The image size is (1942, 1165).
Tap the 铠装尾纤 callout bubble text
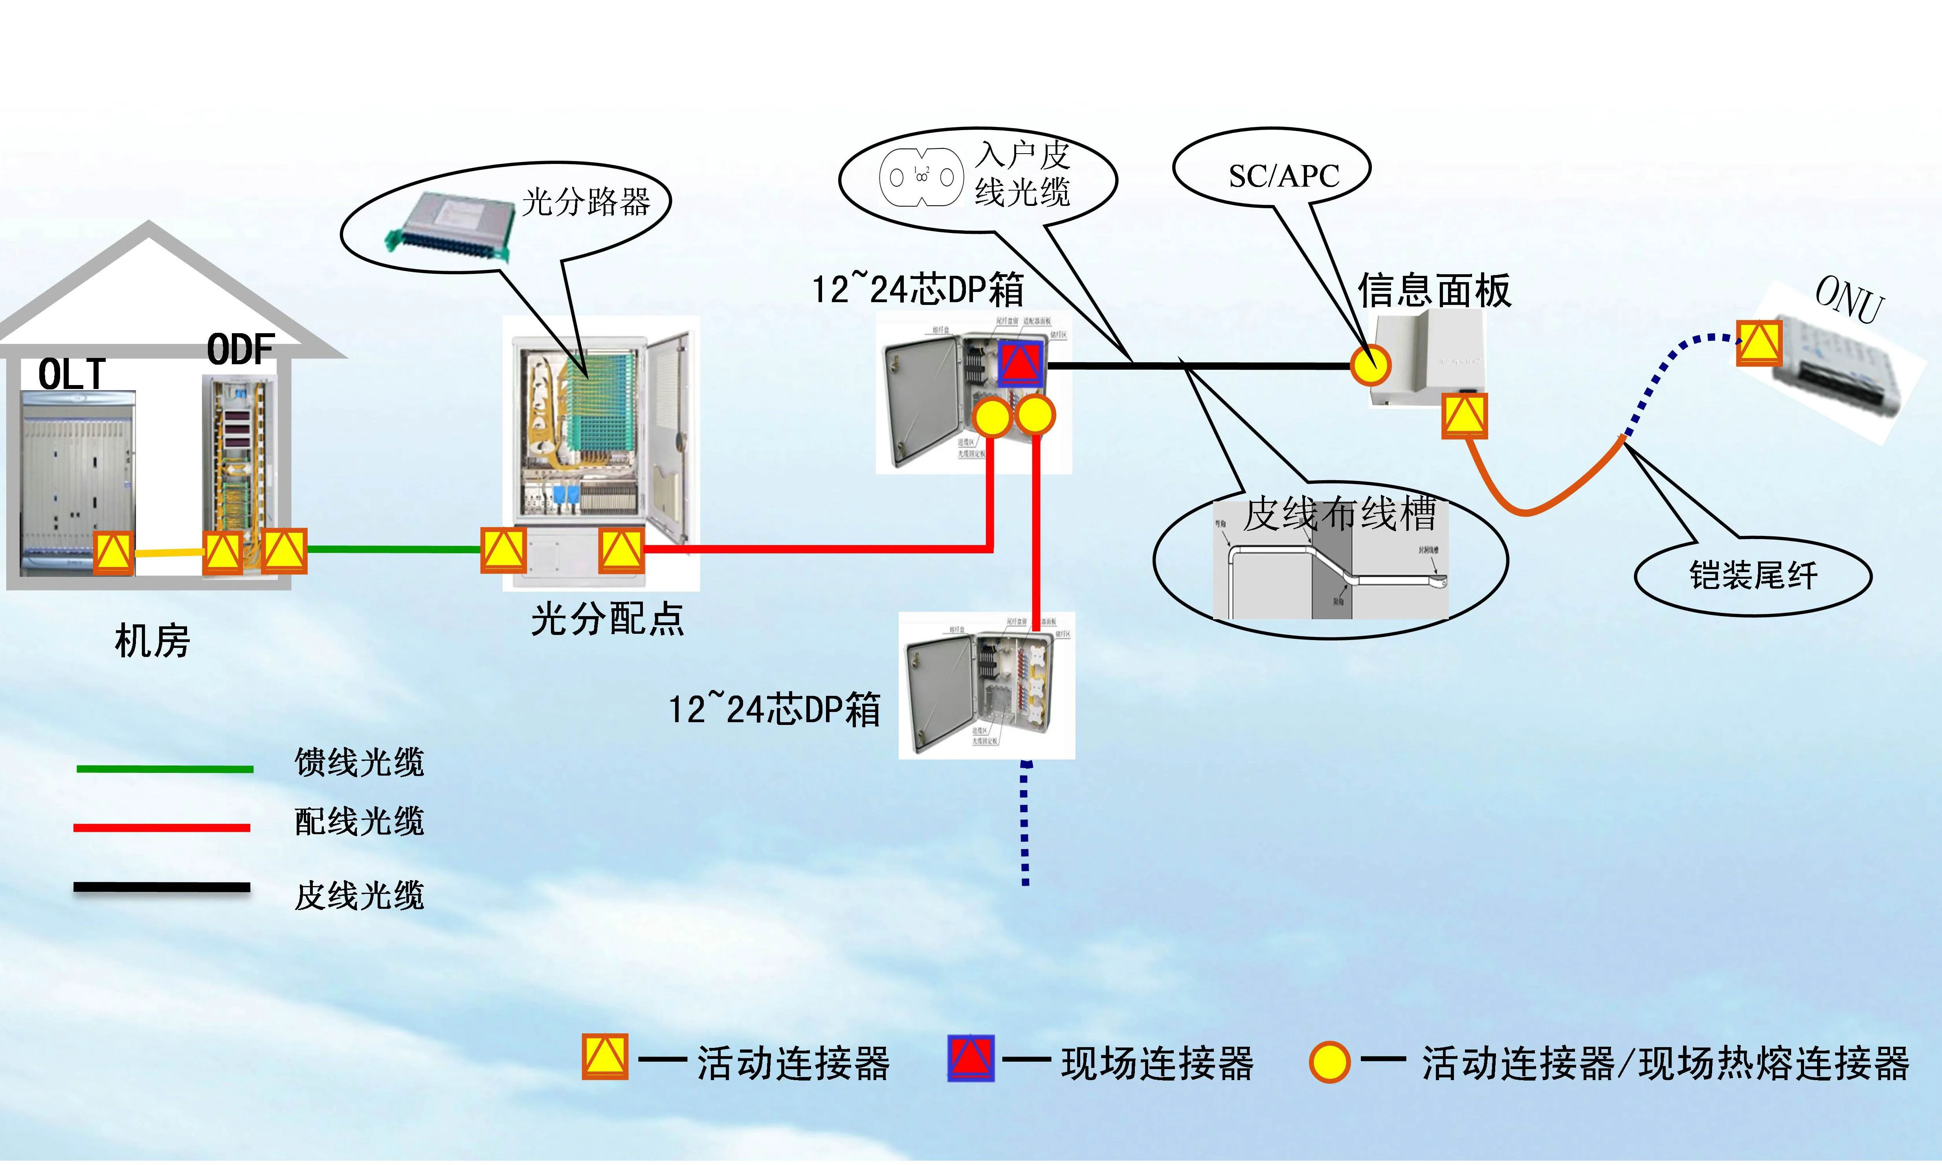tap(1753, 576)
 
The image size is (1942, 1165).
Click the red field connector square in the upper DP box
tap(1020, 363)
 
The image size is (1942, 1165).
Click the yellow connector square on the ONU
tap(1758, 343)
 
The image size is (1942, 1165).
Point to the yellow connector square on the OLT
tap(114, 553)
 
